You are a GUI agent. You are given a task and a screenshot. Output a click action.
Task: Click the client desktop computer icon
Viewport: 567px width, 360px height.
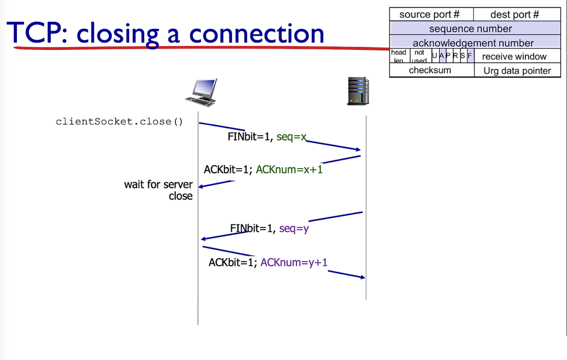201,92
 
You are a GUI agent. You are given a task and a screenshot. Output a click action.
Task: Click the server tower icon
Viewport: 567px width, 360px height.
358,91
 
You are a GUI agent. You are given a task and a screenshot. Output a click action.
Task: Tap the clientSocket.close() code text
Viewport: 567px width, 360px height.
119,122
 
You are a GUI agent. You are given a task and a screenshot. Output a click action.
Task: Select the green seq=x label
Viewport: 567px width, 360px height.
291,137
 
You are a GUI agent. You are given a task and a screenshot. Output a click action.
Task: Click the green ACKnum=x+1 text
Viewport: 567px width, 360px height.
289,170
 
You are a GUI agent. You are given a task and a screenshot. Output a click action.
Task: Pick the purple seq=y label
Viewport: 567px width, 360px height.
294,229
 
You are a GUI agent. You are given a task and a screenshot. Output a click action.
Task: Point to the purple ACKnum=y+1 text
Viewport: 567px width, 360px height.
294,262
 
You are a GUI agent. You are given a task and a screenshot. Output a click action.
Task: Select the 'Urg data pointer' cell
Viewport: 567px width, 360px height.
517,71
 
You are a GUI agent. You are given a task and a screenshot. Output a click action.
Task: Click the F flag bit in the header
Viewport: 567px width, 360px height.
470,56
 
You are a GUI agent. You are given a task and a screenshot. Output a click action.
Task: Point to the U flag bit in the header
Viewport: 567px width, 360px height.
435,56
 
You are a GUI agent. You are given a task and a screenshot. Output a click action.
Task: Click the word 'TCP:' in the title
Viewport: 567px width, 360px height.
37,33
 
